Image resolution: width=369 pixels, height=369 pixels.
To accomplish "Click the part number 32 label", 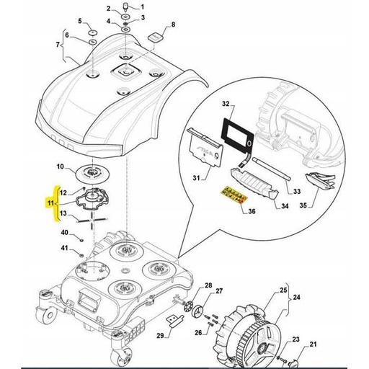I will tap(225, 105).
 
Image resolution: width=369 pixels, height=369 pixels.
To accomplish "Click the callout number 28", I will tap(208, 287).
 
